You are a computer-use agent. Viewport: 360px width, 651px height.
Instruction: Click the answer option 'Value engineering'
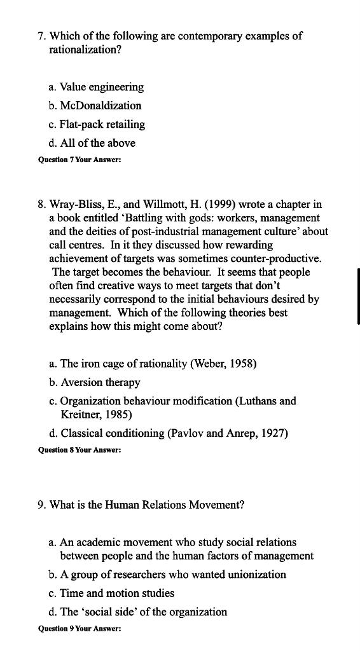point(96,87)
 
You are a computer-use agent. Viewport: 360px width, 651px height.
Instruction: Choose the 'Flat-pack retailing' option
point(97,125)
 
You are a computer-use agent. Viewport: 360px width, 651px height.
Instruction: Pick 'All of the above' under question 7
point(92,143)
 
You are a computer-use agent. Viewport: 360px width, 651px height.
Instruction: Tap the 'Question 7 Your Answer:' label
point(80,160)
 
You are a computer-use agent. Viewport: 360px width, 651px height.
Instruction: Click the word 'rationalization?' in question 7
point(85,49)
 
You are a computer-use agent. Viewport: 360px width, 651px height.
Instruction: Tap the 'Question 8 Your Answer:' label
point(80,450)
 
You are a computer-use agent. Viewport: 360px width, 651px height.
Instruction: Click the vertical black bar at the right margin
point(359,296)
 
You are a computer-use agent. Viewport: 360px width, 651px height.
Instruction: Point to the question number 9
point(41,505)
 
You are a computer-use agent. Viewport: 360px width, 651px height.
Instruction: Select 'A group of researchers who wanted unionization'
point(167,575)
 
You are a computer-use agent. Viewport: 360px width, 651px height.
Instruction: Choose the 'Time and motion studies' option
point(111,593)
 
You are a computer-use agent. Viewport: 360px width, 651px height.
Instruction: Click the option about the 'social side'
point(137,612)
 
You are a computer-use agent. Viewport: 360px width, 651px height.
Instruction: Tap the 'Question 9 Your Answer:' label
point(80,629)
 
